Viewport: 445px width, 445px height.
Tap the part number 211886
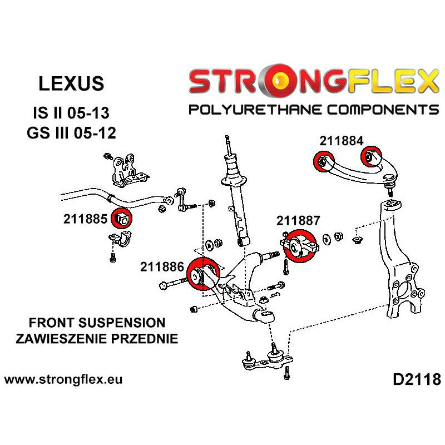(x=162, y=266)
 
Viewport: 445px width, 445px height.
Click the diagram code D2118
(x=416, y=380)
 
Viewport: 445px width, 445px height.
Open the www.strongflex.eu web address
(x=63, y=380)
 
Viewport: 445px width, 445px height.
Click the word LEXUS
(x=71, y=83)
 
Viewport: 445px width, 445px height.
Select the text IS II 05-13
(x=71, y=113)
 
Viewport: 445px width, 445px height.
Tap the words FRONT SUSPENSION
(x=89, y=323)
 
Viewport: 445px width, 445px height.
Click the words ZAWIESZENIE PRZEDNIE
(x=89, y=338)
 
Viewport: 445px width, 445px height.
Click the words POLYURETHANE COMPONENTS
(x=314, y=109)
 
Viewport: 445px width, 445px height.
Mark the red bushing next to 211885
(x=122, y=219)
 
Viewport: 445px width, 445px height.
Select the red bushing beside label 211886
(x=201, y=274)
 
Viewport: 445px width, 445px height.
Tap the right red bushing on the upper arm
(x=370, y=154)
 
